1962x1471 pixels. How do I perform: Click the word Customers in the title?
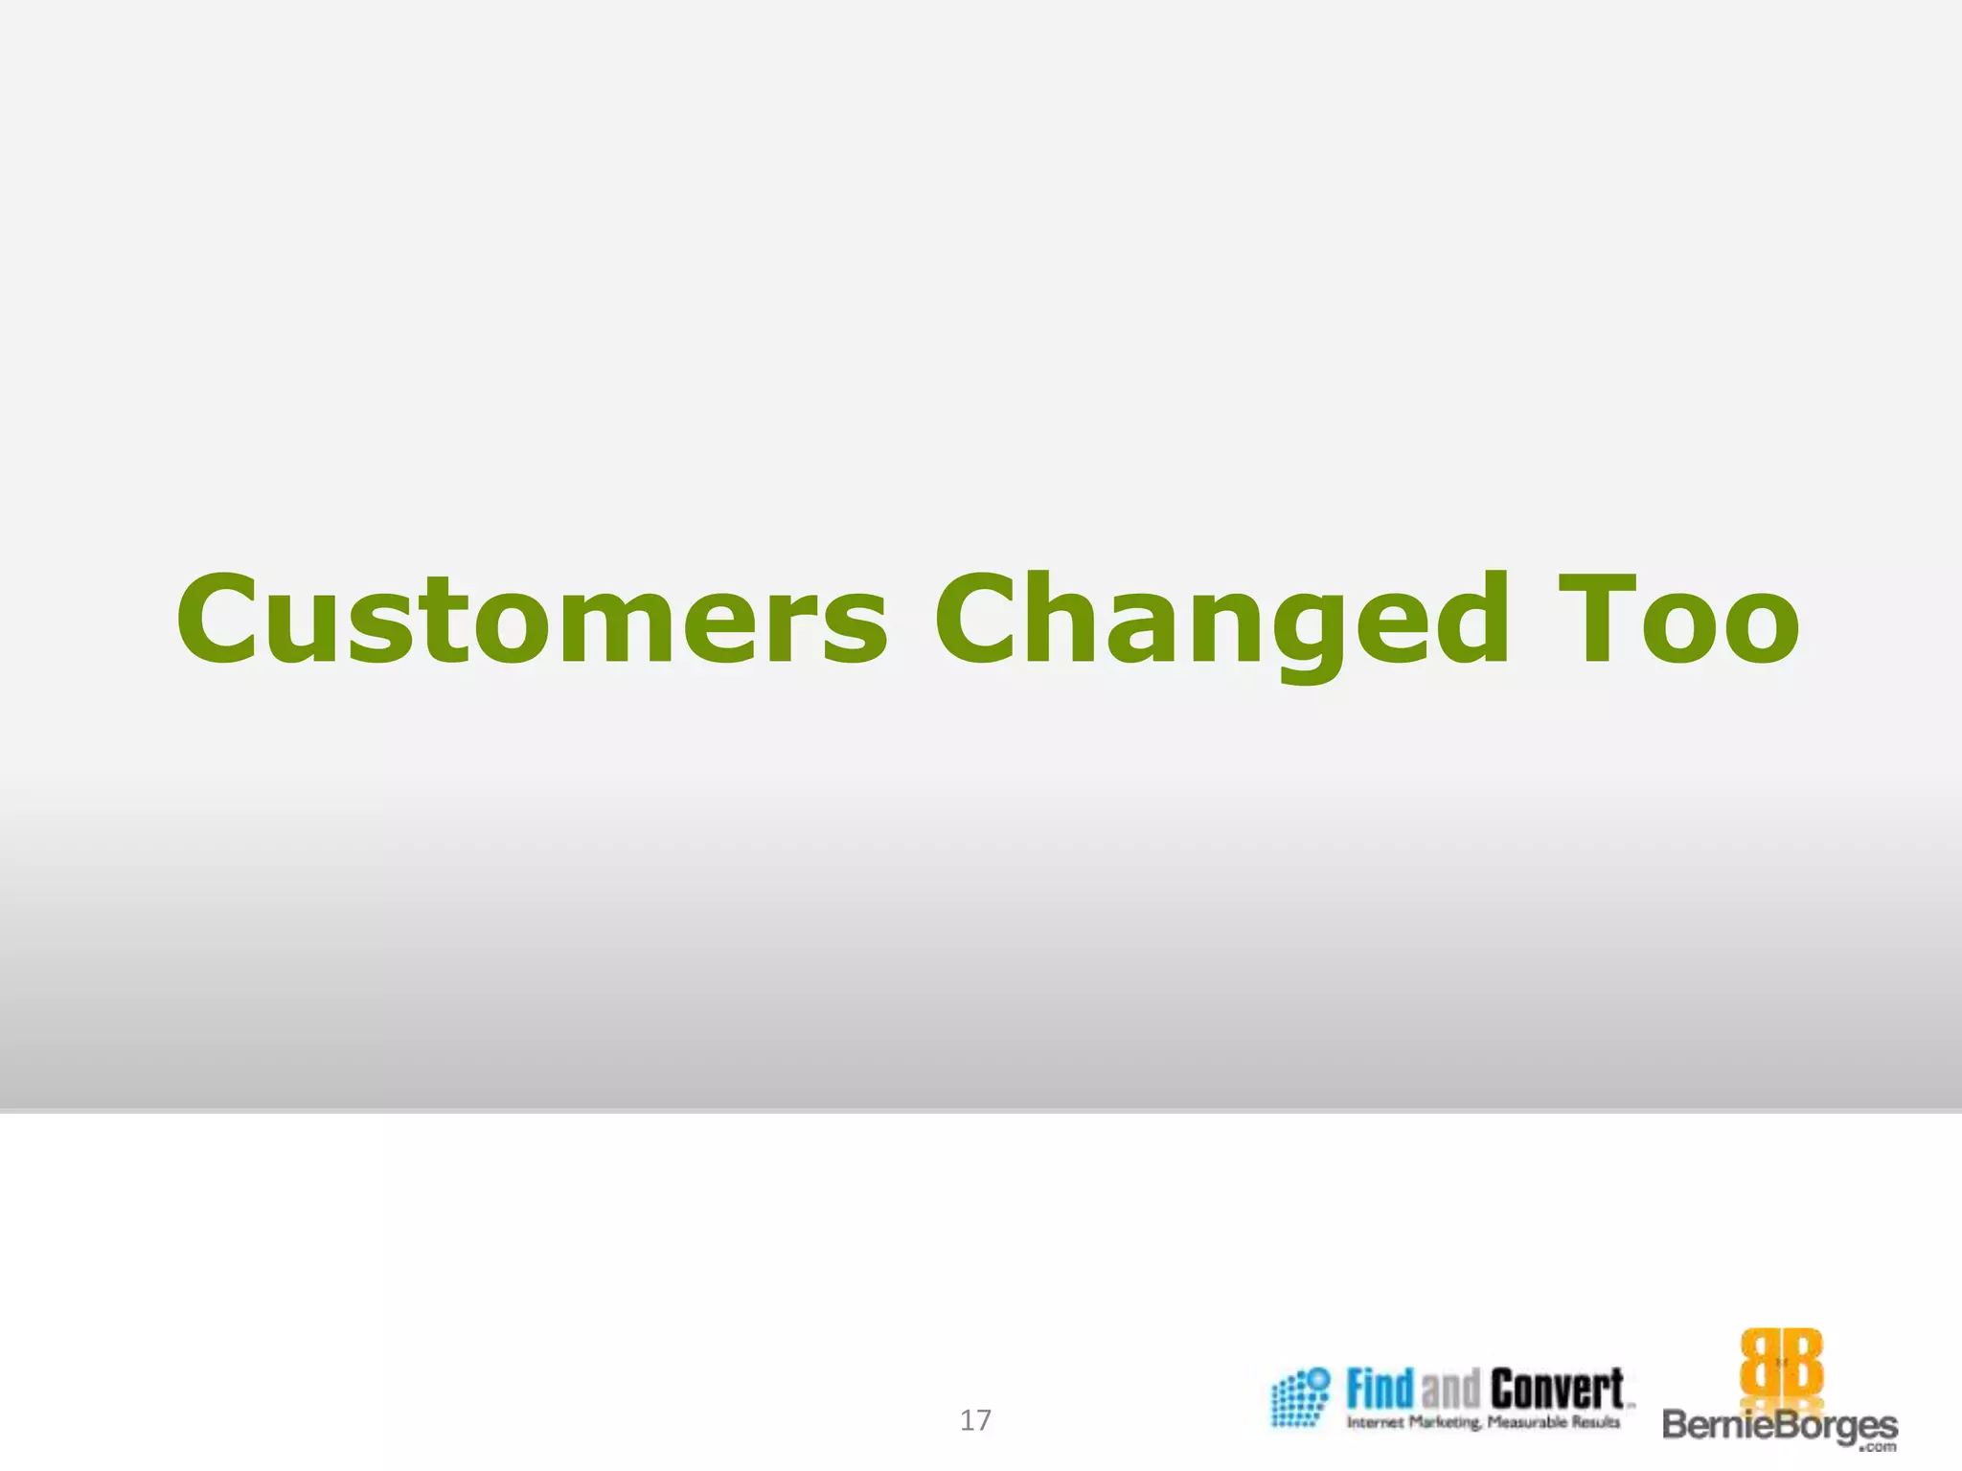click(532, 620)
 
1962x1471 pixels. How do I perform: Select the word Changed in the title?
click(1221, 620)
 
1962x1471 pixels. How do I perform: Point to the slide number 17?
click(975, 1420)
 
